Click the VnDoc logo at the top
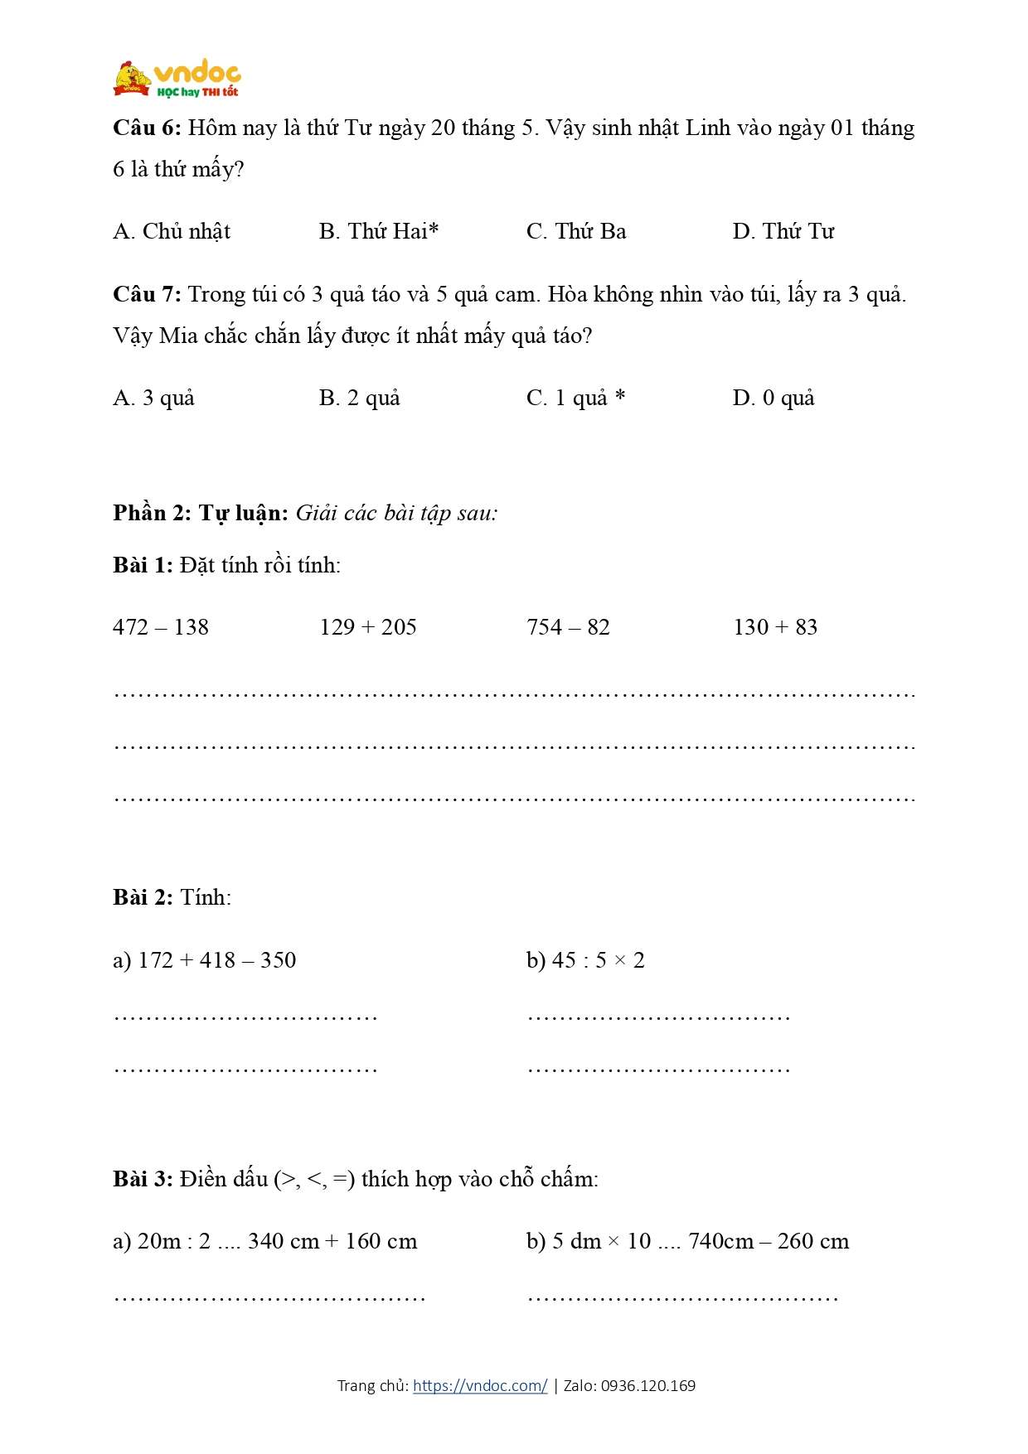(x=177, y=80)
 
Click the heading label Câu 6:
(x=147, y=128)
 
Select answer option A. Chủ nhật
(x=172, y=232)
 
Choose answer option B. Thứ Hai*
(x=379, y=232)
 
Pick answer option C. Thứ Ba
(x=576, y=232)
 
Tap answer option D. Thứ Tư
(x=783, y=232)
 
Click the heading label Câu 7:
(x=147, y=295)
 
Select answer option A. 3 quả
(x=154, y=399)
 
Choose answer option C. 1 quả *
(x=576, y=399)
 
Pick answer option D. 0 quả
(x=773, y=399)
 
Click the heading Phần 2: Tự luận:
(x=201, y=514)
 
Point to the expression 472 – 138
(x=161, y=627)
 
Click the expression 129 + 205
(x=368, y=627)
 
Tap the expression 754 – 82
(x=569, y=627)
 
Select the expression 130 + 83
(x=776, y=627)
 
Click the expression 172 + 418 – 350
(x=216, y=960)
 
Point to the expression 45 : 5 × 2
(x=598, y=960)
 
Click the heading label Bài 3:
(x=143, y=1179)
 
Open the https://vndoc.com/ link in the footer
(x=480, y=1386)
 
